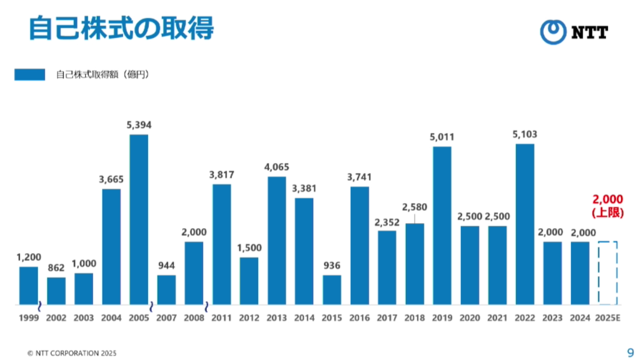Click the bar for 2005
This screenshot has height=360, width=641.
tap(139, 219)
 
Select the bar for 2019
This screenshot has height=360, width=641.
tap(442, 225)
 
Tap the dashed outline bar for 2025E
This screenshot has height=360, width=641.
tap(608, 273)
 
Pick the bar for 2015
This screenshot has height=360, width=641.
tap(332, 290)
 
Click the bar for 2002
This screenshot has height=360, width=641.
tap(56, 291)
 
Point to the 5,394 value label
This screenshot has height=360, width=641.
tap(139, 125)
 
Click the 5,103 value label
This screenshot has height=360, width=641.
tap(525, 134)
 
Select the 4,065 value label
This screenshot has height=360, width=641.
tap(277, 167)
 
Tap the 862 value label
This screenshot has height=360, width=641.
tap(56, 267)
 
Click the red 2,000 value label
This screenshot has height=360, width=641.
tap(608, 199)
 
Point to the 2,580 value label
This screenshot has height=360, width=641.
tap(415, 207)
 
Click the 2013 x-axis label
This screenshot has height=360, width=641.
tap(277, 318)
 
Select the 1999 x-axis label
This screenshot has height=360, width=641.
tap(29, 318)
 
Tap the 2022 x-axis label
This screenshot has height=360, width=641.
tap(525, 318)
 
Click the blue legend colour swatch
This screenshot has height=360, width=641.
tap(30, 74)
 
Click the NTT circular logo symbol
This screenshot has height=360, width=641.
tap(553, 32)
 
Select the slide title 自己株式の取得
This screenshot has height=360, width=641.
tap(122, 28)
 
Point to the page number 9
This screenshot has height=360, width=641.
tap(630, 353)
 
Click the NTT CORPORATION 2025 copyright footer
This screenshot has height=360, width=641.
tap(72, 353)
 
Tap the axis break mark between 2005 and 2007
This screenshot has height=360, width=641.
tap(151, 306)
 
